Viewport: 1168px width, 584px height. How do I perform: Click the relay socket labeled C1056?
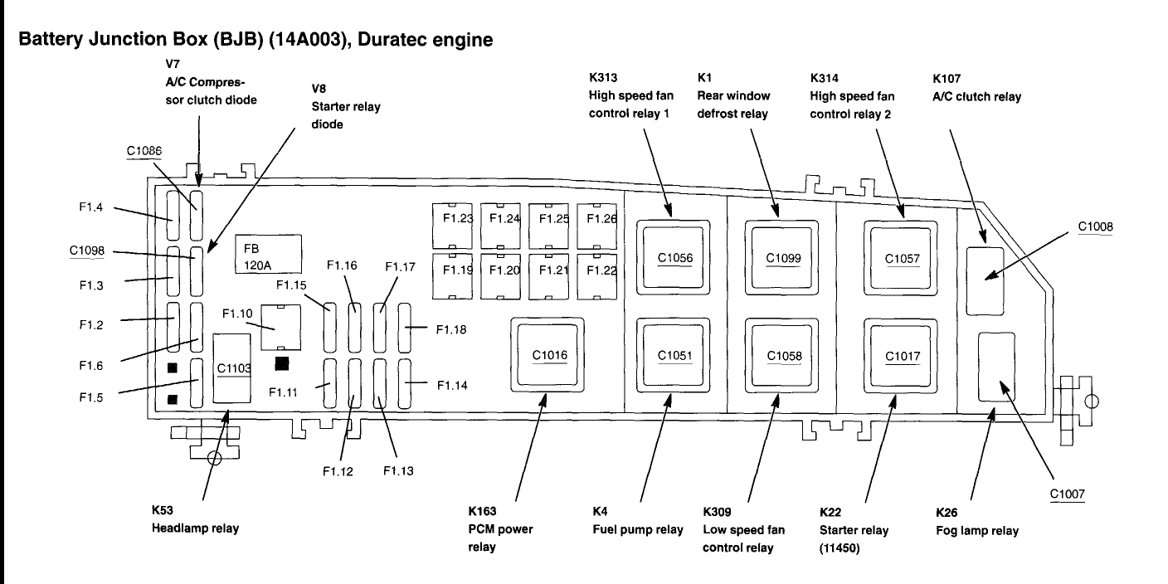pyautogui.click(x=673, y=258)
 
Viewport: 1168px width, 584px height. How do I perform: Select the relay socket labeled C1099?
pyautogui.click(x=781, y=258)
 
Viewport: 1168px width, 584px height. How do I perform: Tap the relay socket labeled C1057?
pyautogui.click(x=901, y=258)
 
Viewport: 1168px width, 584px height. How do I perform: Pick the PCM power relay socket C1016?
pyautogui.click(x=547, y=354)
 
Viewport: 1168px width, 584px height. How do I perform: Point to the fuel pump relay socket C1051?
pyautogui.click(x=673, y=355)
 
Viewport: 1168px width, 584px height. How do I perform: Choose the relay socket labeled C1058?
pyautogui.click(x=781, y=356)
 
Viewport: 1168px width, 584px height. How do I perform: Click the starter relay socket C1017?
pyautogui.click(x=901, y=356)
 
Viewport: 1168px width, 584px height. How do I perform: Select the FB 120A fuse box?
pyautogui.click(x=268, y=254)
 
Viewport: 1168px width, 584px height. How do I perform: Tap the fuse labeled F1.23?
pyautogui.click(x=452, y=226)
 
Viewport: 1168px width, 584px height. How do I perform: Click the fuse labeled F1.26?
pyautogui.click(x=597, y=226)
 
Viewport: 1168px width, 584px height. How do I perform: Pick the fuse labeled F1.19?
pyautogui.click(x=452, y=276)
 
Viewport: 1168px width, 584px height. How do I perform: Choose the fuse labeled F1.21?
pyautogui.click(x=548, y=276)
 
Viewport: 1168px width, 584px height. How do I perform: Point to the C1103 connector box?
pyautogui.click(x=231, y=368)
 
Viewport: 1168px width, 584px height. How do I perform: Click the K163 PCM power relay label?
pyautogui.click(x=500, y=528)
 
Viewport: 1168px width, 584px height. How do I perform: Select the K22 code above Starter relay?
pyautogui.click(x=830, y=512)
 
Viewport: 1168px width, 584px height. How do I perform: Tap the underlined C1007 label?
pyautogui.click(x=1068, y=494)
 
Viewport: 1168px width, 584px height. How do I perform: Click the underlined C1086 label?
pyautogui.click(x=144, y=151)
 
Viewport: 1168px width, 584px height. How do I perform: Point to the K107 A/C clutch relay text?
pyautogui.click(x=976, y=88)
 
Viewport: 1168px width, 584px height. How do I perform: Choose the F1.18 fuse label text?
pyautogui.click(x=451, y=329)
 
